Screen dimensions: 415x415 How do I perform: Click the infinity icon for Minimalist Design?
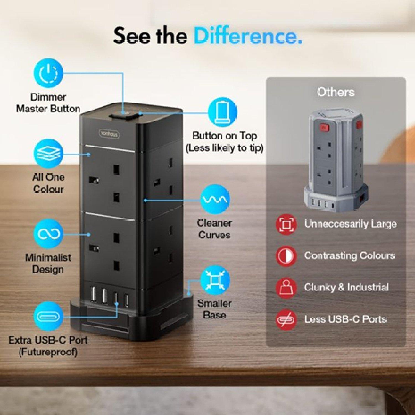tap(48, 234)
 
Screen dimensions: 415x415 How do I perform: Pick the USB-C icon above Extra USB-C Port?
tap(48, 316)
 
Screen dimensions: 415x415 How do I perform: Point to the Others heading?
tap(336, 92)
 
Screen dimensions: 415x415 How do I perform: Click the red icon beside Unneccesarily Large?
tap(286, 224)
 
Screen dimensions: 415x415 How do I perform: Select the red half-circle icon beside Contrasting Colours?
tap(286, 256)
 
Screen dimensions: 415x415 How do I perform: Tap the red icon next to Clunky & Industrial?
tap(286, 288)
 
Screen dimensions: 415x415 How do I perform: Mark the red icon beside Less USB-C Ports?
tap(286, 320)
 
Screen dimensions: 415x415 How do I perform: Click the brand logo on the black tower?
tap(109, 134)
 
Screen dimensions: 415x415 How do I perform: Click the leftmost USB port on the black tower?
tap(93, 296)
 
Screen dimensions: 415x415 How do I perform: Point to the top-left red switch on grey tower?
tap(323, 128)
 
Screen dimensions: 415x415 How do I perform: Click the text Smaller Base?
tap(214, 309)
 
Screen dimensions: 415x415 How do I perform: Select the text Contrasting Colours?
tap(349, 256)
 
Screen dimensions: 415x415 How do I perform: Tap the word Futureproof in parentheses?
tap(48, 352)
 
